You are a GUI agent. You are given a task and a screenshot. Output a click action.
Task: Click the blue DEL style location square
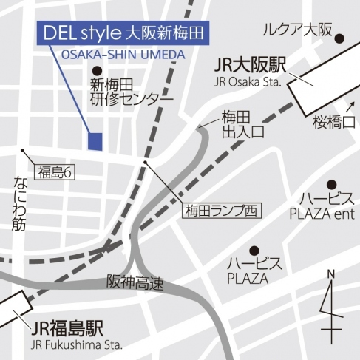point(94,141)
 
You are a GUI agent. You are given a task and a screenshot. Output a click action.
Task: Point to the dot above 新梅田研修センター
point(94,69)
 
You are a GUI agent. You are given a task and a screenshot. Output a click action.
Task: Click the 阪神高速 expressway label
point(133,282)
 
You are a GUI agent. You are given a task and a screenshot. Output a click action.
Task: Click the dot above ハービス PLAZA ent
point(332,183)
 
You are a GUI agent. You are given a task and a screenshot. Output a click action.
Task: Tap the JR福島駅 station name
point(67,328)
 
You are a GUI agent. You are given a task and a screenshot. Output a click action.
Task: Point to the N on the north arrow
point(330,275)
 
